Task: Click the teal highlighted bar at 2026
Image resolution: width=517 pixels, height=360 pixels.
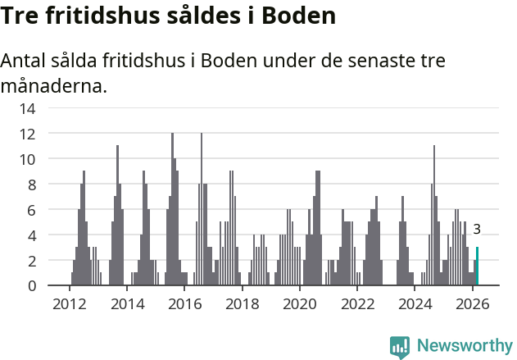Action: (x=478, y=267)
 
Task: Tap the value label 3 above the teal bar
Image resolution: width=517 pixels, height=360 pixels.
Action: (x=477, y=230)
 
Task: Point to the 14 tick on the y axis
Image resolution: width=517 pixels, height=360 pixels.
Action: (x=27, y=108)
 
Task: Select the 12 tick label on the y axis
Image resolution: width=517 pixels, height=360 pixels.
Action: (x=27, y=134)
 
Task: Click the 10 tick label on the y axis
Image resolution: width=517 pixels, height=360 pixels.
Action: (x=27, y=159)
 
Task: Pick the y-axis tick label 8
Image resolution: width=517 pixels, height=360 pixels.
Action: (x=30, y=185)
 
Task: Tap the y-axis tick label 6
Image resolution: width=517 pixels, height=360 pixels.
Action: (x=30, y=210)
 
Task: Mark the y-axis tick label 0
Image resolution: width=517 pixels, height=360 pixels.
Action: (x=30, y=286)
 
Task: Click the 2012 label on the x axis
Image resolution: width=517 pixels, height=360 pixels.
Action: (x=69, y=304)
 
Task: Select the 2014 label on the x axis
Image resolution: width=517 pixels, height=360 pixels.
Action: (x=126, y=304)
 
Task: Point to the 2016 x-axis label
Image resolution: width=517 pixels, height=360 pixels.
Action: (x=184, y=304)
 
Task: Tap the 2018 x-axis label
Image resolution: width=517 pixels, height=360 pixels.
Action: (x=242, y=304)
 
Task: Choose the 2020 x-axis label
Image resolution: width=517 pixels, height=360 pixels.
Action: (x=299, y=304)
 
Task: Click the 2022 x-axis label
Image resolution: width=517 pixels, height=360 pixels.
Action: (x=357, y=304)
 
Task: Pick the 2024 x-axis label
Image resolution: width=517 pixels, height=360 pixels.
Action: (x=415, y=304)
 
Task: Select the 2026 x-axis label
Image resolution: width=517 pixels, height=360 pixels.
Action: (x=472, y=304)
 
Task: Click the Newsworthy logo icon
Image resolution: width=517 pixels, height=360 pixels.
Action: (x=400, y=346)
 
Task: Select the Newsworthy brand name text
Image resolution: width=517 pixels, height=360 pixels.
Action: (x=464, y=346)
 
